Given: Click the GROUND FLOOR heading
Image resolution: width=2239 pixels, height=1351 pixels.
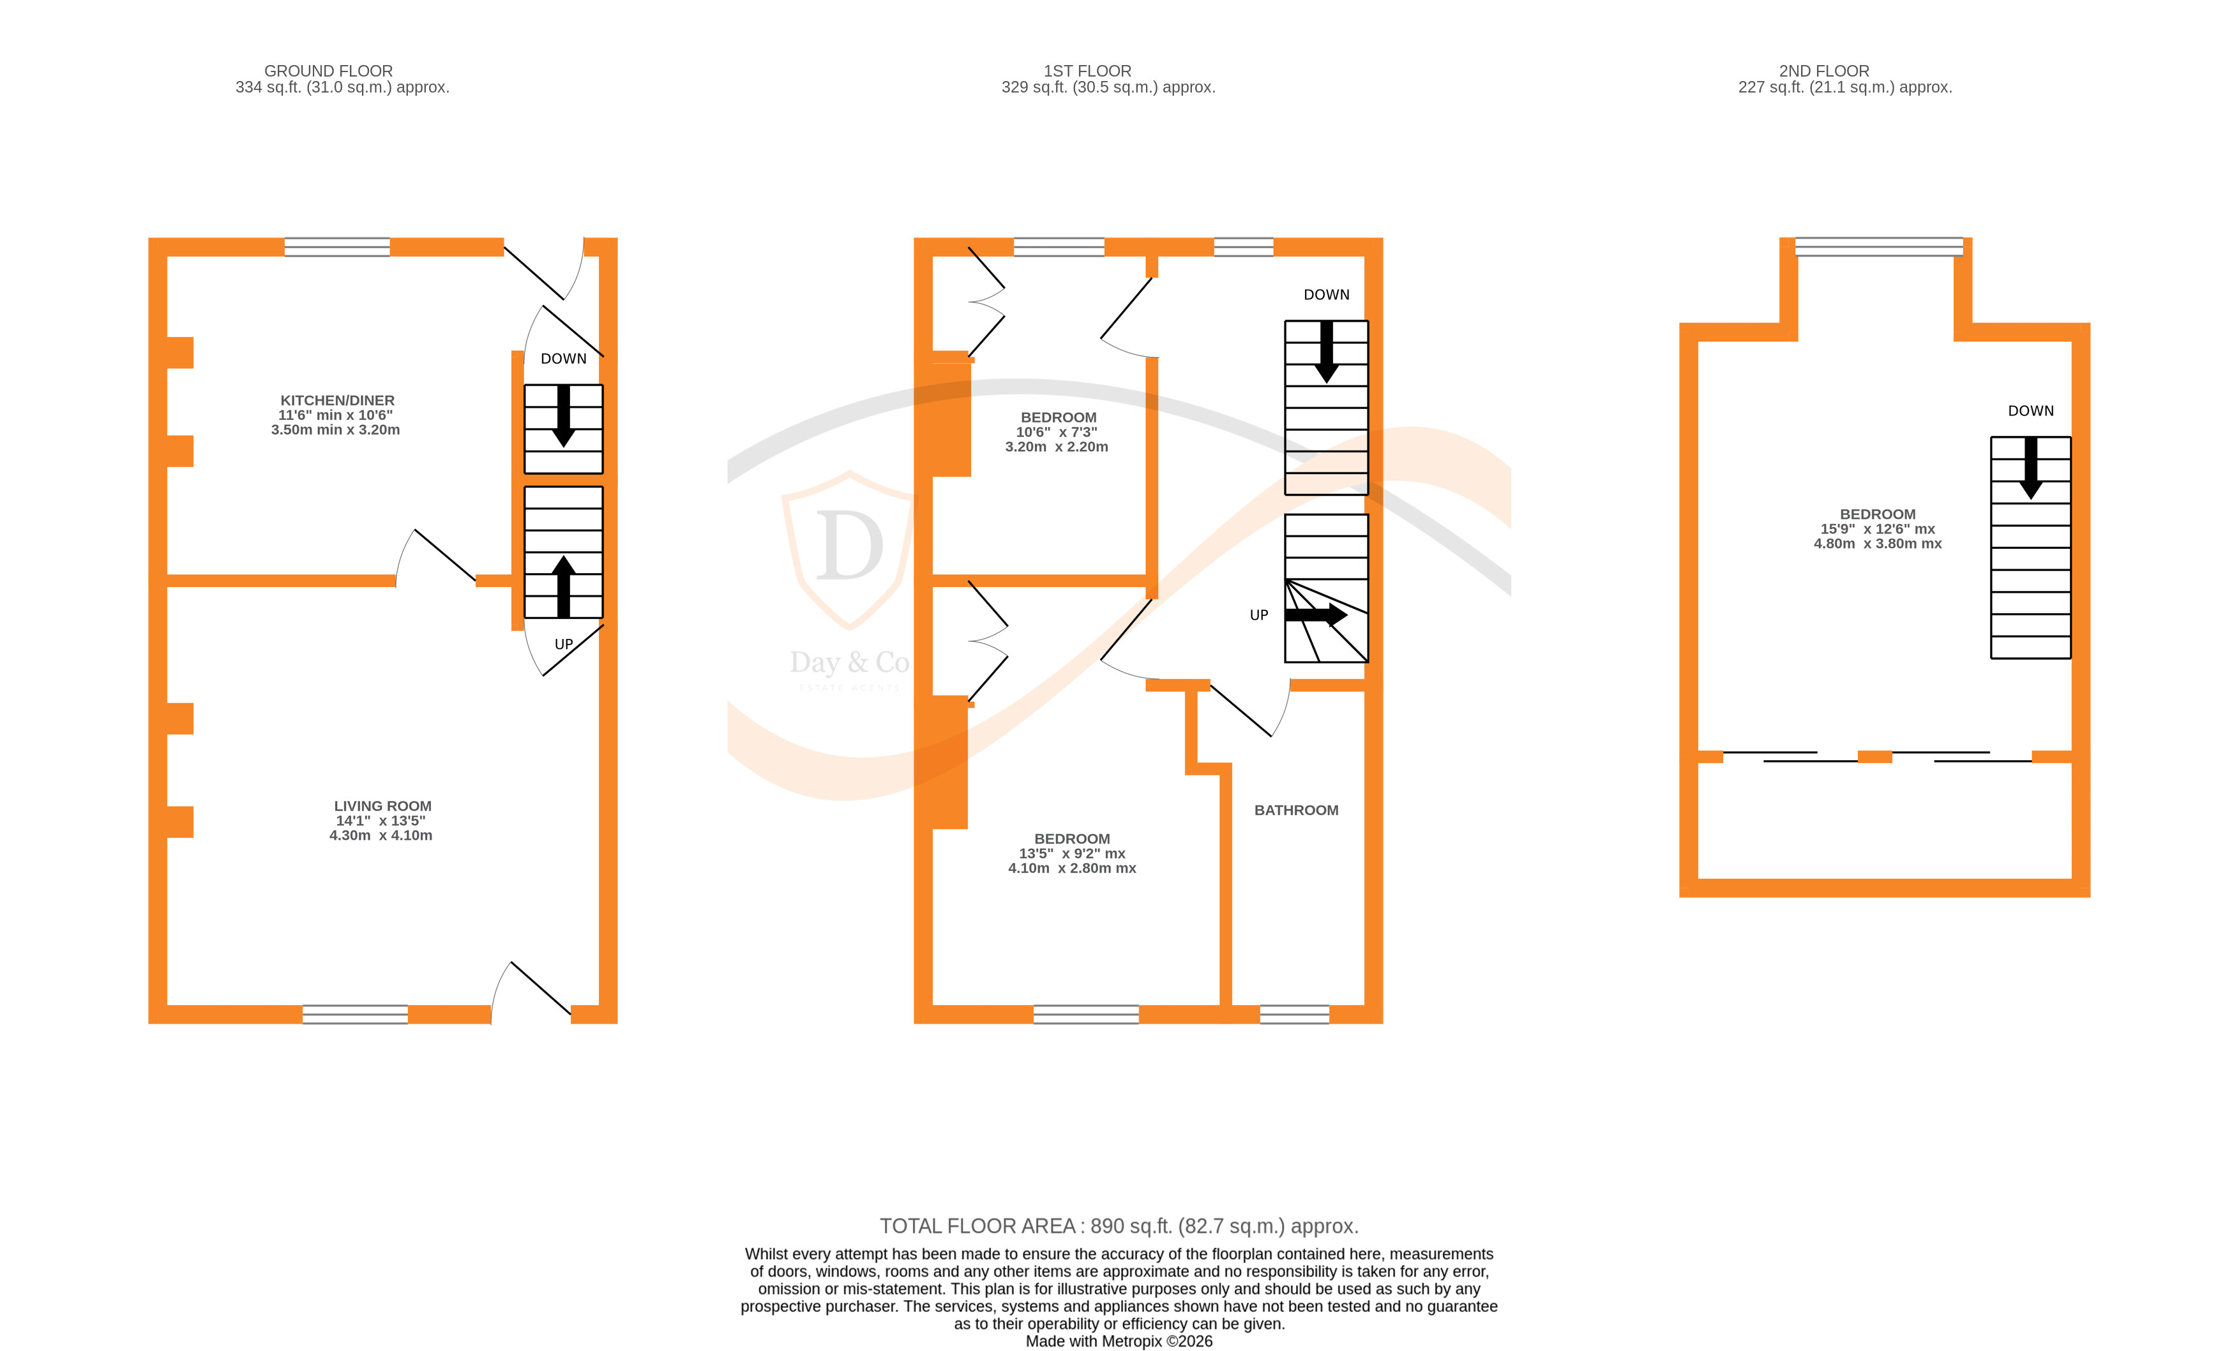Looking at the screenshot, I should tap(328, 71).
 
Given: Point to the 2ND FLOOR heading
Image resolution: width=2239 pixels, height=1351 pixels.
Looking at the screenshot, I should tap(1824, 71).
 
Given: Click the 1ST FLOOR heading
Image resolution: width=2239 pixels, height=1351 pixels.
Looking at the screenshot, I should tap(1087, 71).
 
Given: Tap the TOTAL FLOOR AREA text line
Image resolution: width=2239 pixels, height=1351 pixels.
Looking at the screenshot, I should tap(1119, 1227).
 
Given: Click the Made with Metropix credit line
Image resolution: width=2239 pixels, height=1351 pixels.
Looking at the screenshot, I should tap(1119, 1341).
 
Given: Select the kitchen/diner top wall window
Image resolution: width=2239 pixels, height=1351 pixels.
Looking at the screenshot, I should tap(337, 247).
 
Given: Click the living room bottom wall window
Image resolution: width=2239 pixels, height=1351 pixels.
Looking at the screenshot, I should tap(356, 1014).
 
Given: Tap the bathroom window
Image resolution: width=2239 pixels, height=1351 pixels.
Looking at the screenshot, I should tap(1294, 1014).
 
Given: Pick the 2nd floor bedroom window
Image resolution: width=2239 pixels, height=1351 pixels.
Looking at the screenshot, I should tap(1878, 247).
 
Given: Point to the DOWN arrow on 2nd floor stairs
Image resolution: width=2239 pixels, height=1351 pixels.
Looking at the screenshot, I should tap(2030, 466).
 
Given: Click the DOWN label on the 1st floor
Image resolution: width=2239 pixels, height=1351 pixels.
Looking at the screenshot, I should tap(1326, 294).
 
